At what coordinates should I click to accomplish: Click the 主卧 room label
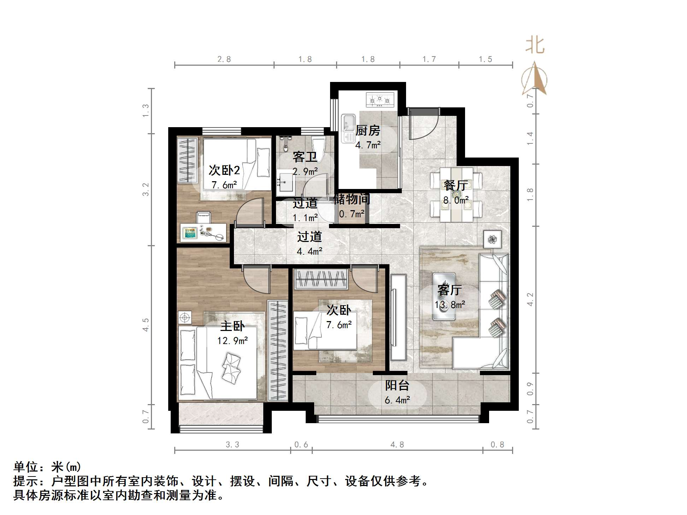pos(232,326)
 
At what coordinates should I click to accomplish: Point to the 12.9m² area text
pos(232,341)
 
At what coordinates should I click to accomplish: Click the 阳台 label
pos(397,385)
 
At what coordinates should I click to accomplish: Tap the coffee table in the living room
pos(444,296)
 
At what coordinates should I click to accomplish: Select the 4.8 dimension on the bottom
pos(397,444)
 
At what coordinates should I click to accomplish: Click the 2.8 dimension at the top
pos(224,59)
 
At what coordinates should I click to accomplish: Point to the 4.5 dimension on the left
pos(146,325)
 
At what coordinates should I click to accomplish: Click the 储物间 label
pos(351,199)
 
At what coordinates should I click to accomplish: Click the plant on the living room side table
pos(492,239)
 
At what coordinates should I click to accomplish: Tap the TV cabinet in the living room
pos(398,318)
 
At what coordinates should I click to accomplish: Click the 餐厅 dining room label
pos(456,185)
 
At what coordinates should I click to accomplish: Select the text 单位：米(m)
pos(47,467)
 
